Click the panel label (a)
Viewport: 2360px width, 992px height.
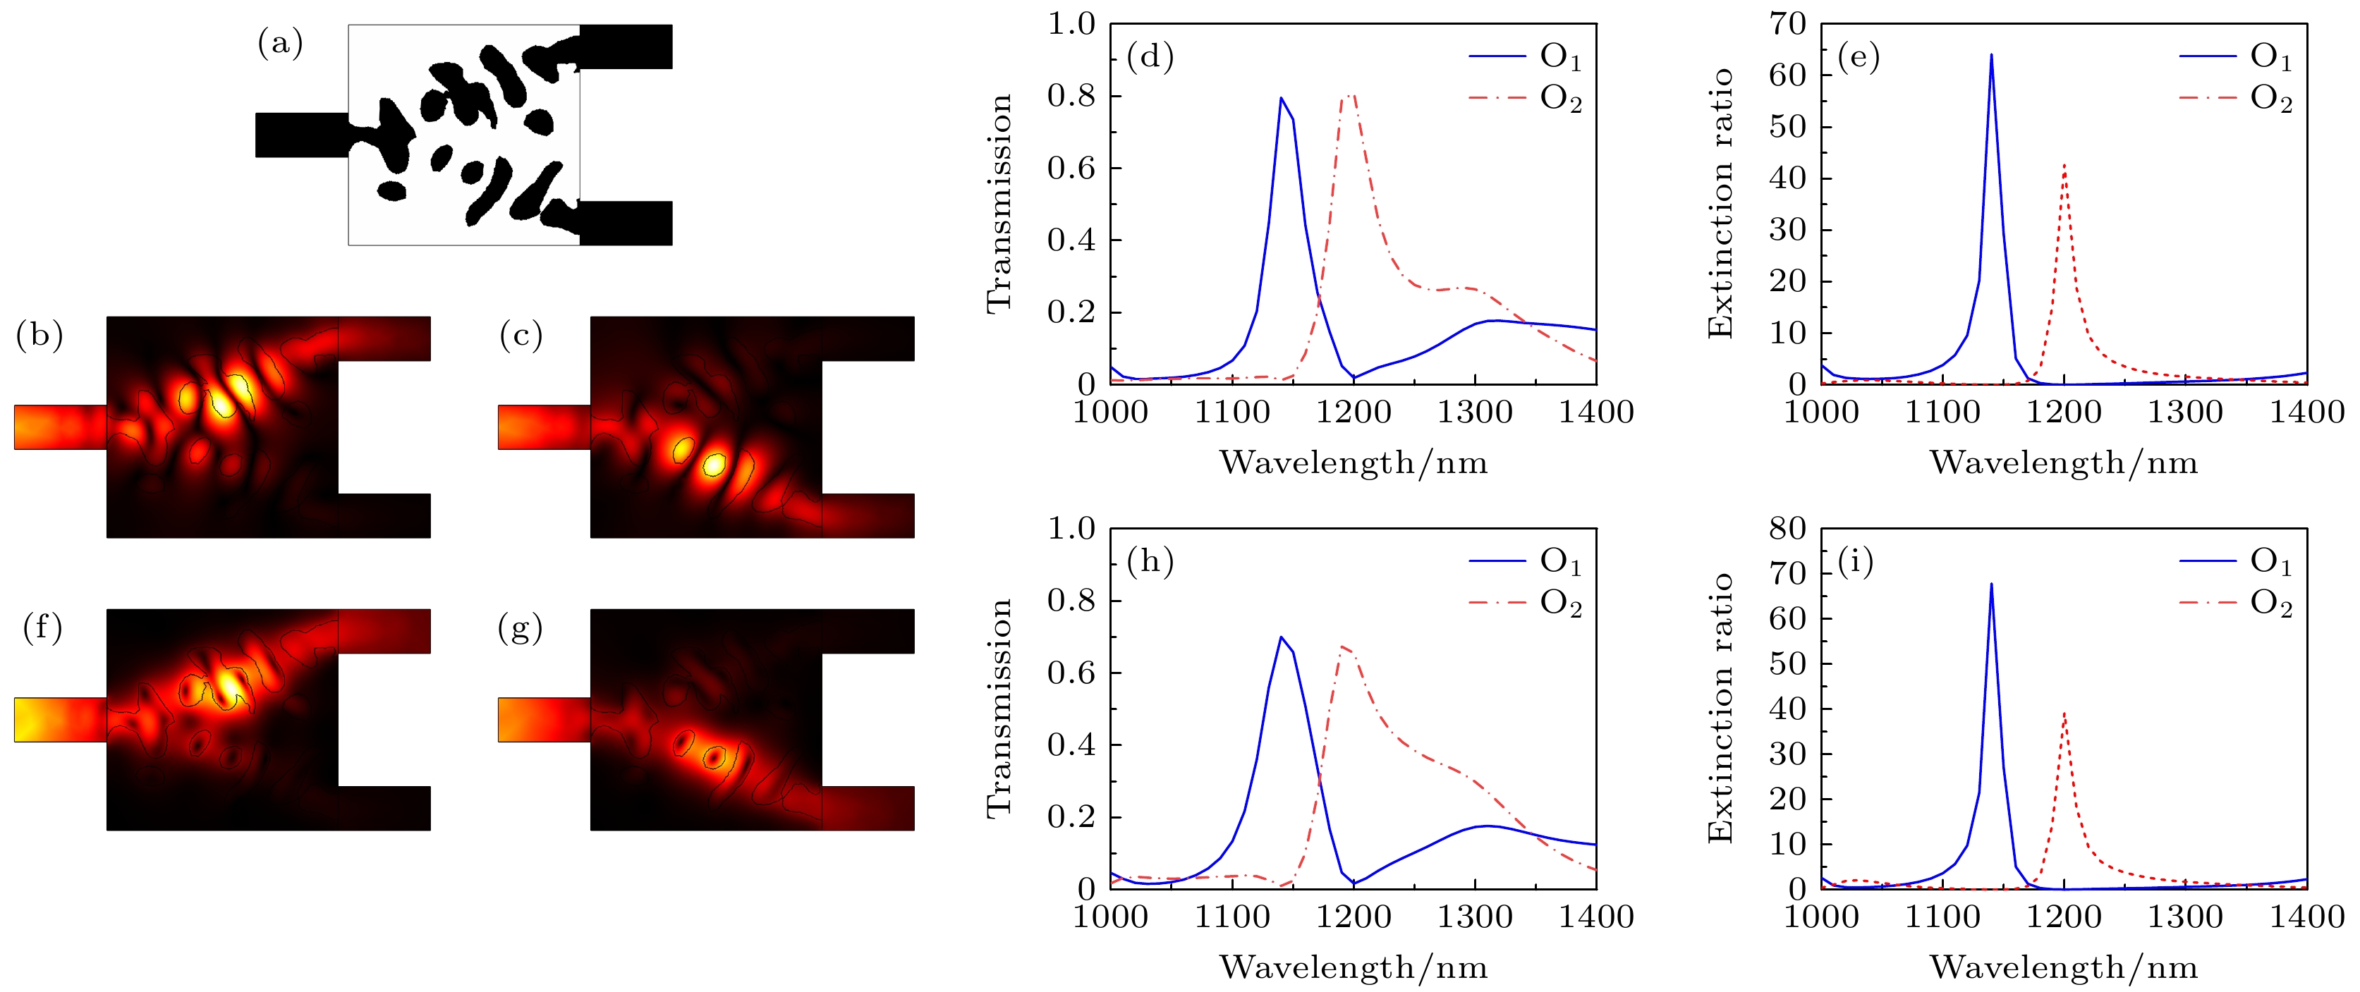tap(279, 43)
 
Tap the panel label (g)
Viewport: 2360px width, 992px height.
tap(519, 628)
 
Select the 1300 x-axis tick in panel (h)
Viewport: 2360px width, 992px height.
tap(1474, 916)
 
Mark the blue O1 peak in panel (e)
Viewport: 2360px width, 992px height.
tap(1991, 55)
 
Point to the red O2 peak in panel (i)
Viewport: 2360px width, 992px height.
tap(2064, 713)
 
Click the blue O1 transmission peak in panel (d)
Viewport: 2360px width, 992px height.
tap(1280, 97)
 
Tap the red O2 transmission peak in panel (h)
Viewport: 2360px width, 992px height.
tap(1342, 647)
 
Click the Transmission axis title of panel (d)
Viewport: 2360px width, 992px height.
tap(999, 203)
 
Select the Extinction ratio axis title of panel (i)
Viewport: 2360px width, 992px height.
tap(1720, 707)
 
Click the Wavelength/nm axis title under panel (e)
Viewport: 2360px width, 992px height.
tap(2063, 463)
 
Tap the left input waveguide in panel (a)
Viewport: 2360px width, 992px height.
tap(301, 135)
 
